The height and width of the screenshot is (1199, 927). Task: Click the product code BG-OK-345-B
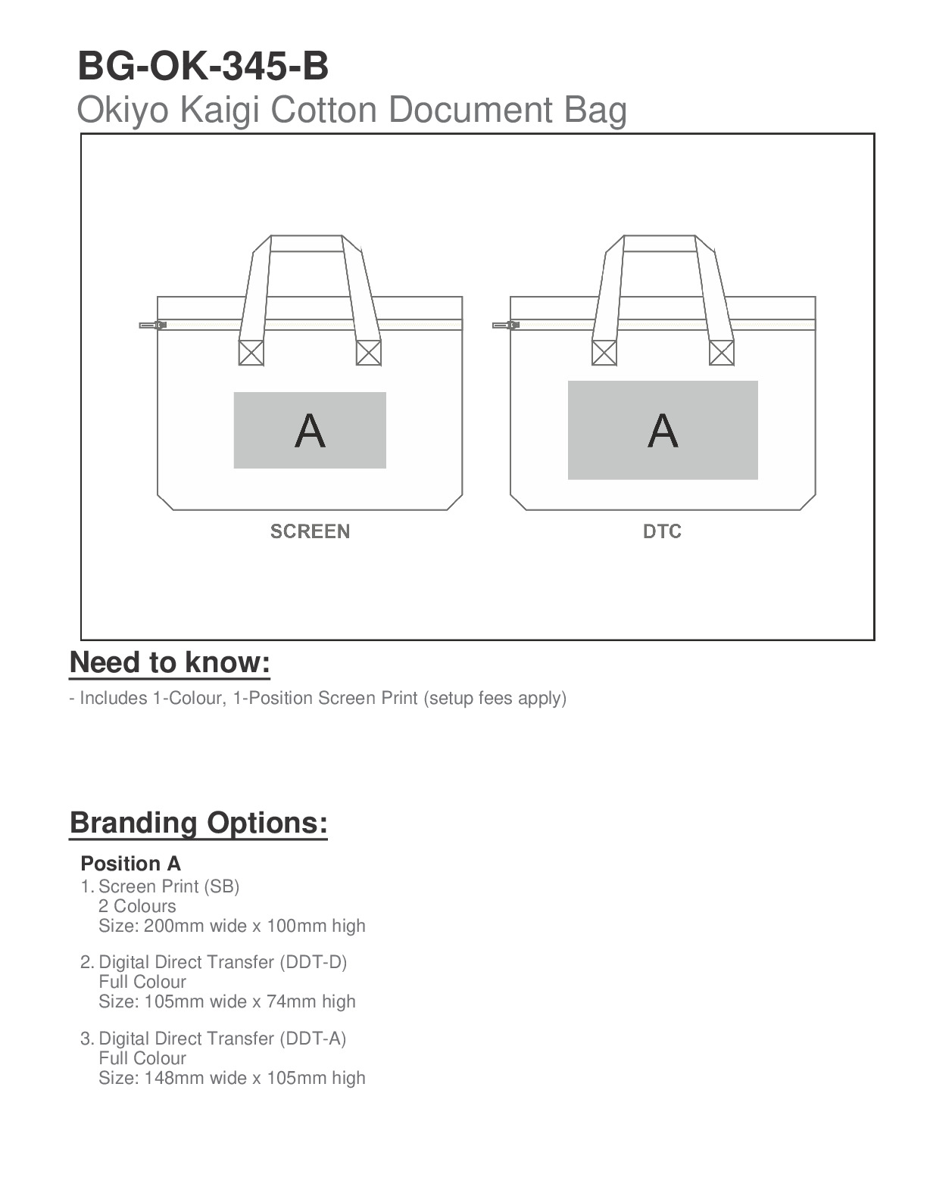203,67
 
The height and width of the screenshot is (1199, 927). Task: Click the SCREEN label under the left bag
310,531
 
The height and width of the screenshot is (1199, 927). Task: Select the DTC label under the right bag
662,531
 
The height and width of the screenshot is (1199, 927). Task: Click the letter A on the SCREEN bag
310,431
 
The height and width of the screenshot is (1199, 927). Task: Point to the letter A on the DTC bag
663,431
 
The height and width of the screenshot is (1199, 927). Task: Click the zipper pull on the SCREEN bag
151,325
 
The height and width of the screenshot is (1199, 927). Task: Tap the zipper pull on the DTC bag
504,325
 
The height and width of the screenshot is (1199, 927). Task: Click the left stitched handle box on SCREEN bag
251,353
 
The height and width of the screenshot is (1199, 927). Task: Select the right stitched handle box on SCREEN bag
369,353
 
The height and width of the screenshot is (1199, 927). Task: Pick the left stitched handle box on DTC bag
604,353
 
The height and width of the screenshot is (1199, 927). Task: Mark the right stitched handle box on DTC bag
722,353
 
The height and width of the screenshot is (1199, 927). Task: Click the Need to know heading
170,662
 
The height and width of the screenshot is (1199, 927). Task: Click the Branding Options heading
198,823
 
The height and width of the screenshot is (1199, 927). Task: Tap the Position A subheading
130,864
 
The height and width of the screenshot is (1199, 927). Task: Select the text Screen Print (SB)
169,886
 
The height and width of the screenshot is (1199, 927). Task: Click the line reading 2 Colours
137,906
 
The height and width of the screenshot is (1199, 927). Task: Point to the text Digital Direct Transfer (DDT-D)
223,962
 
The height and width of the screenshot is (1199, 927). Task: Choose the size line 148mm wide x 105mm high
232,1078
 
